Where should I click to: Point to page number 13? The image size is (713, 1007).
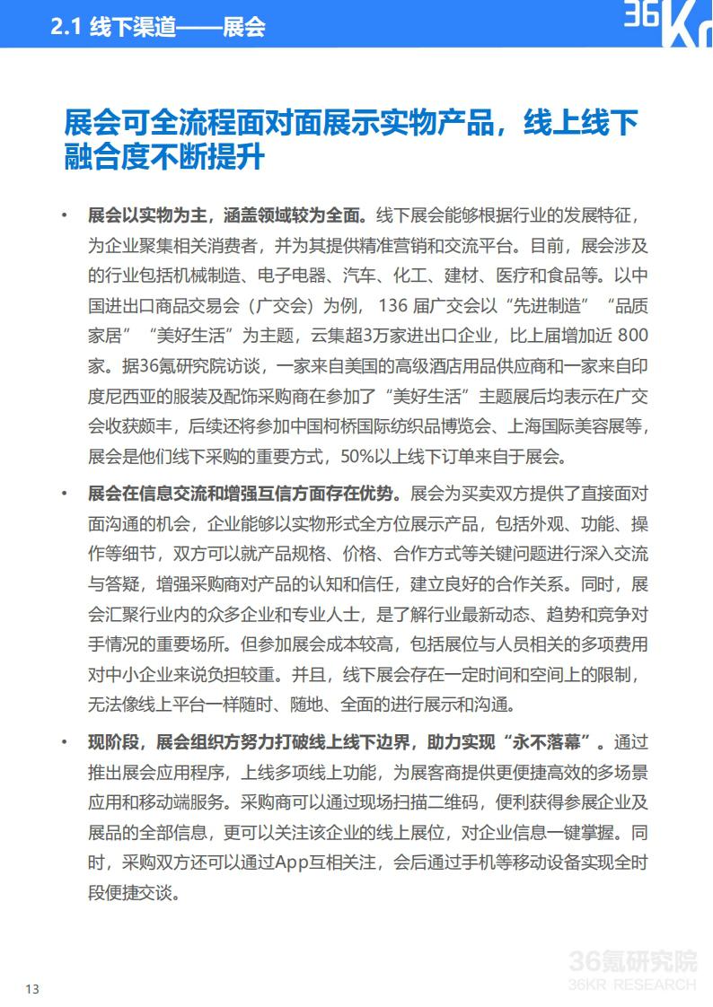point(32,989)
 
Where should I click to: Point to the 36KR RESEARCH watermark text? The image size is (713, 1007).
point(633,985)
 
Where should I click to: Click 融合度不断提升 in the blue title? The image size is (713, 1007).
point(164,157)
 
